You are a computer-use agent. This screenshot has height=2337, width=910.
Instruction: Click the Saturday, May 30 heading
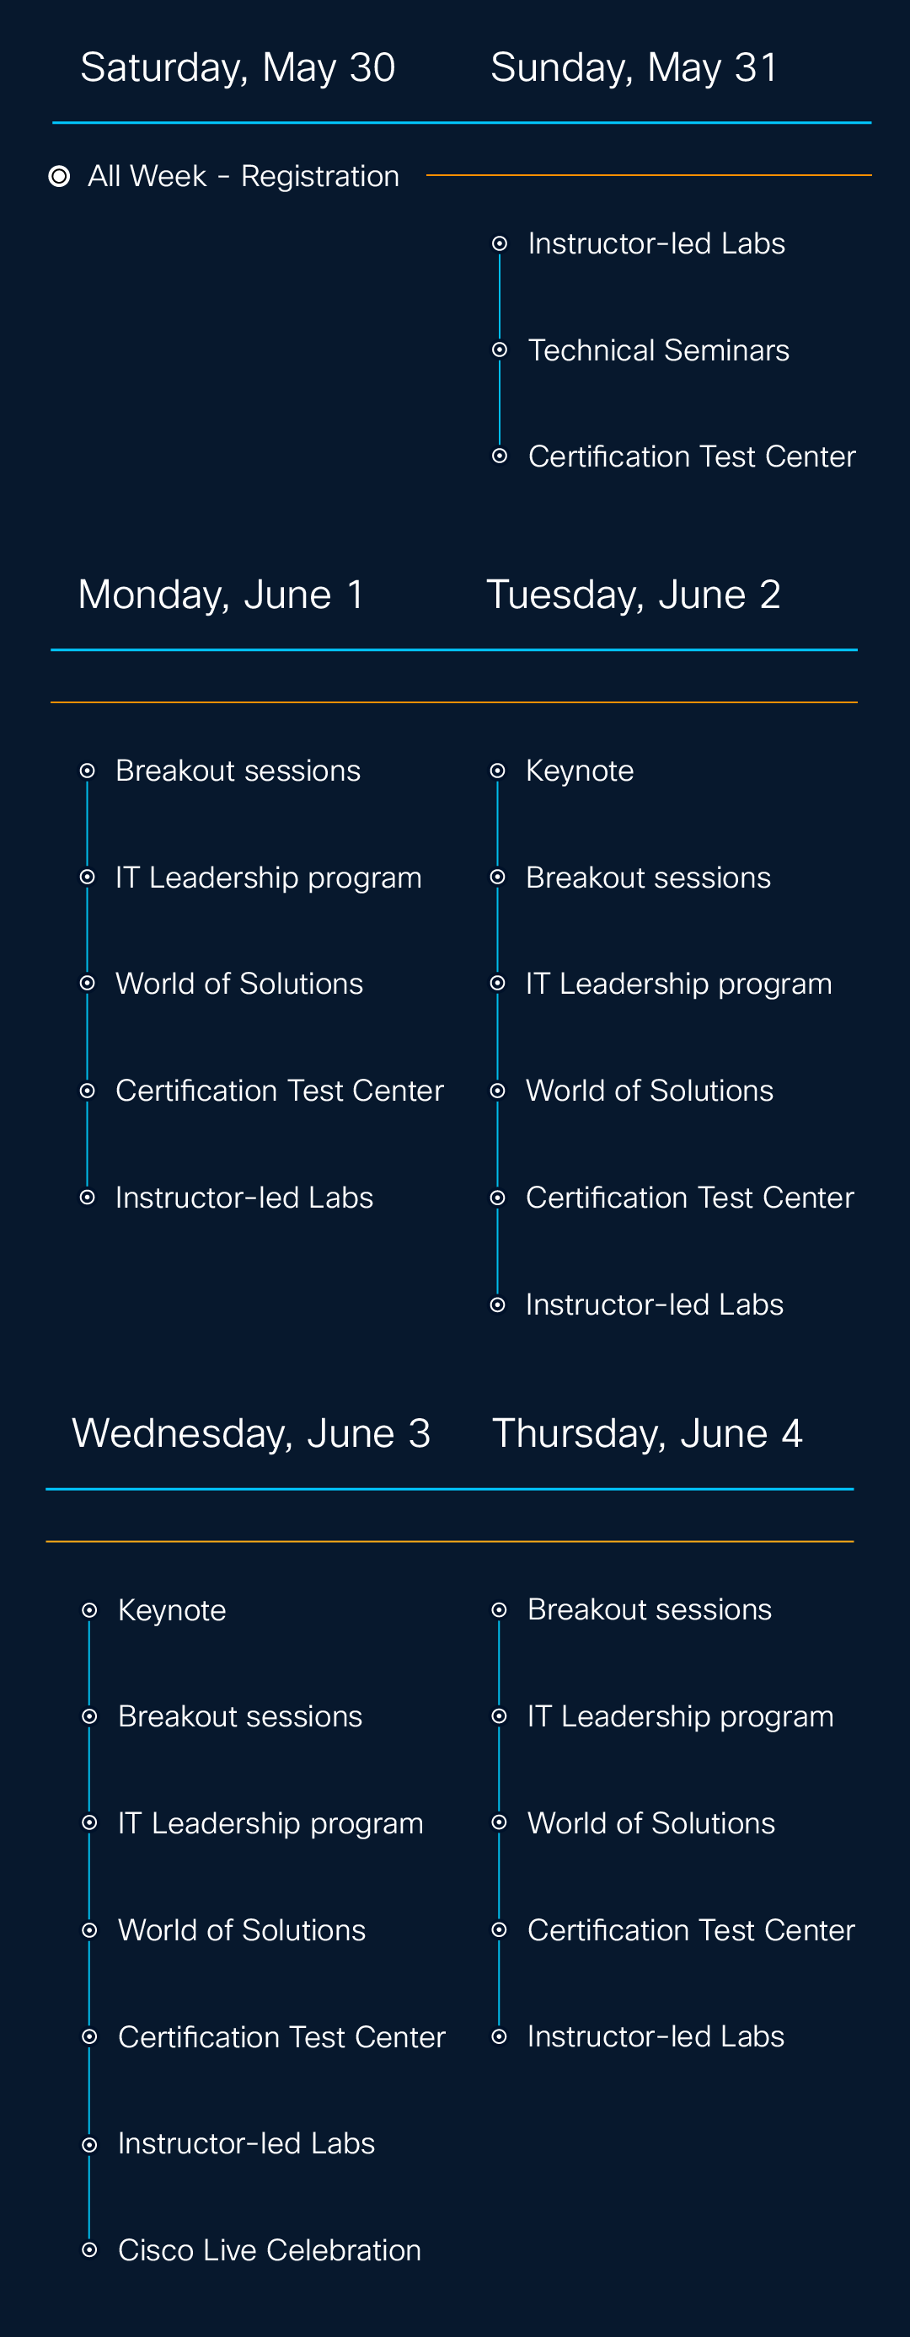pyautogui.click(x=238, y=68)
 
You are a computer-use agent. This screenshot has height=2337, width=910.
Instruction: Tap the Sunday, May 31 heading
pyautogui.click(x=634, y=68)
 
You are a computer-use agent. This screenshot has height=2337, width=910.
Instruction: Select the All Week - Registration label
pyautogui.click(x=244, y=176)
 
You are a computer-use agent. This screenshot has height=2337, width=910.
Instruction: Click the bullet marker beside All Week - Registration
pyautogui.click(x=59, y=176)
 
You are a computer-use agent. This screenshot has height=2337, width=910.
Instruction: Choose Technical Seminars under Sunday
pyautogui.click(x=659, y=350)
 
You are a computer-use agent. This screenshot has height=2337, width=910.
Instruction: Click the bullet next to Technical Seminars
pyautogui.click(x=499, y=350)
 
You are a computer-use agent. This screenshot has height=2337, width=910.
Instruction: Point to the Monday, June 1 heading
pyautogui.click(x=222, y=595)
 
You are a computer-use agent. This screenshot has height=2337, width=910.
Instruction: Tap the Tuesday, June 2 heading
pyautogui.click(x=634, y=595)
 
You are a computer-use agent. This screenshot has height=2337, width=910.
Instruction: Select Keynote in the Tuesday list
pyautogui.click(x=580, y=771)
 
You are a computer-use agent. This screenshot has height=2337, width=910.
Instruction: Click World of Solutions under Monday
pyautogui.click(x=239, y=984)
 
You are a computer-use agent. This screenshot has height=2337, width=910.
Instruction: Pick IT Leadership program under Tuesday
pyautogui.click(x=678, y=984)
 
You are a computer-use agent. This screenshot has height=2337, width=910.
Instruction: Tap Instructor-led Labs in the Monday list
pyautogui.click(x=244, y=1198)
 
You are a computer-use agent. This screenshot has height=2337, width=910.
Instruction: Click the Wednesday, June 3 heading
pyautogui.click(x=251, y=1434)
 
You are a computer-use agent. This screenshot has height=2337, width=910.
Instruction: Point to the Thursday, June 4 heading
pyautogui.click(x=647, y=1434)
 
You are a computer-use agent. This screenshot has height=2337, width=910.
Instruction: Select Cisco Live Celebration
pyautogui.click(x=270, y=2250)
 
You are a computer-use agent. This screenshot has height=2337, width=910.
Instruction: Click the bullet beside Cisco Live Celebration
pyautogui.click(x=89, y=2250)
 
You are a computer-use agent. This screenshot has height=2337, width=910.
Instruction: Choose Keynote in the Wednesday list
pyautogui.click(x=173, y=1610)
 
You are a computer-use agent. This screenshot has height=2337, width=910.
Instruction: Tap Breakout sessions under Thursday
pyautogui.click(x=650, y=1609)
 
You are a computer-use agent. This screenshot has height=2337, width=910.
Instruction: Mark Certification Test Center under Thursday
pyautogui.click(x=691, y=1929)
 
